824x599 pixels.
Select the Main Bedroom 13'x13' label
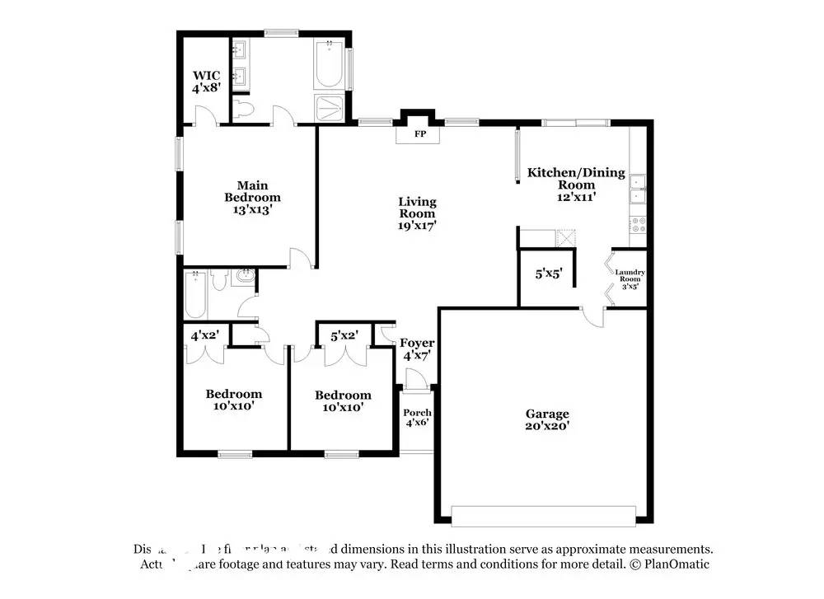click(x=252, y=197)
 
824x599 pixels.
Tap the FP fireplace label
click(x=419, y=133)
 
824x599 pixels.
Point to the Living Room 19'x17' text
click(x=417, y=213)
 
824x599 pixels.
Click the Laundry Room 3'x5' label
click(x=630, y=278)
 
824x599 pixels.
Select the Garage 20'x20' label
click(x=547, y=419)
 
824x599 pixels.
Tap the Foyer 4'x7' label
click(x=417, y=349)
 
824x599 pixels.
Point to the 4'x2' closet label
click(x=204, y=335)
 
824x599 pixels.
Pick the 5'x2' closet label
click(x=344, y=335)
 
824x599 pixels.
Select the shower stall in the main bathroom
click(x=332, y=107)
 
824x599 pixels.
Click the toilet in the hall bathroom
click(x=219, y=282)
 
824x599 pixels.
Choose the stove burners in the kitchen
click(x=638, y=223)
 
